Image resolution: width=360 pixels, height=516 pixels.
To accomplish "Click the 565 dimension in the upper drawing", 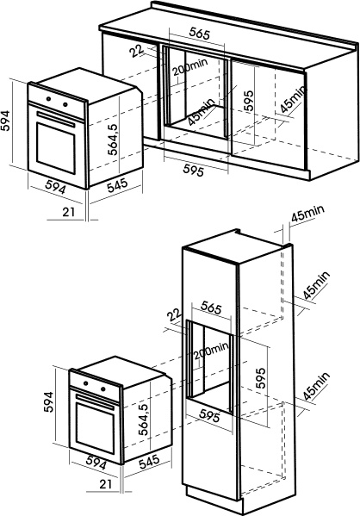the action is (x=200, y=34).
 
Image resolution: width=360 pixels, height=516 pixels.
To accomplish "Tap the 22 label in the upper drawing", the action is (x=137, y=51).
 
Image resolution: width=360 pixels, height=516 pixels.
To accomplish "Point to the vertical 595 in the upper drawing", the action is (x=249, y=101).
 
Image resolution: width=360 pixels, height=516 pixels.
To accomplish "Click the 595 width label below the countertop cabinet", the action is (x=194, y=171).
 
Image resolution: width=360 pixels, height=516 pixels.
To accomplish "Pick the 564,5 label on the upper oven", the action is (x=113, y=140).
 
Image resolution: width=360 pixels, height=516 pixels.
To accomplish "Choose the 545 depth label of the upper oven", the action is (x=117, y=185).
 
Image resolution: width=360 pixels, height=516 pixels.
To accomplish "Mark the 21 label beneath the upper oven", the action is (x=69, y=212).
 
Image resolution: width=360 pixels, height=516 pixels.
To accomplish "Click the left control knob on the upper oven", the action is (x=49, y=98).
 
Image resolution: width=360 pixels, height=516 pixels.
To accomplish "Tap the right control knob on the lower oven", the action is (x=103, y=389).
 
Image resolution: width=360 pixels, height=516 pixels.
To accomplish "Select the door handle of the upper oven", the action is (x=56, y=119).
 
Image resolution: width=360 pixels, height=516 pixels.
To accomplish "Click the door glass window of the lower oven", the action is (x=96, y=425).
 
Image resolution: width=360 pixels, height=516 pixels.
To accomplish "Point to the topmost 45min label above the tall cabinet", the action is (x=307, y=214).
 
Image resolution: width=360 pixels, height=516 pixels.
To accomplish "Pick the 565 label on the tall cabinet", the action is (x=211, y=308).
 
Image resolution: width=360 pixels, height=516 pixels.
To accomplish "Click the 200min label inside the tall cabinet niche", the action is (x=211, y=351).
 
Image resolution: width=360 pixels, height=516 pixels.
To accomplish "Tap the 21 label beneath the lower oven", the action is (x=106, y=484).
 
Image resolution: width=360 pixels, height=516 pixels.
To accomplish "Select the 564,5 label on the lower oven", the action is (x=144, y=420).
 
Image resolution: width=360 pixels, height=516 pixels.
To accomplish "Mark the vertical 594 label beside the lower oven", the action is (x=49, y=401).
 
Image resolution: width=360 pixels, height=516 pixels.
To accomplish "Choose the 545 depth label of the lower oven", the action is (x=149, y=462).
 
